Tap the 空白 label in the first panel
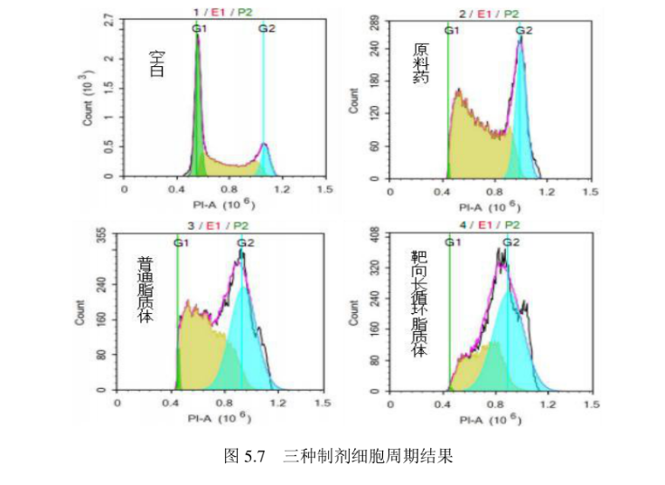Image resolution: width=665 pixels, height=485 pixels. coord(157,64)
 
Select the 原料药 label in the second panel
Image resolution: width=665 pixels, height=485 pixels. coord(420,64)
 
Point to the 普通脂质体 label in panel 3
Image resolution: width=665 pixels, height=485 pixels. coord(145,290)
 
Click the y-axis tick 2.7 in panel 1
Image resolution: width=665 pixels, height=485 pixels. coord(109,20)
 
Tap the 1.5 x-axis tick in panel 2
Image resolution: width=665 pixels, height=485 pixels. coord(589,192)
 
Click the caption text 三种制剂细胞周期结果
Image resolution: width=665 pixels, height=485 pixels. coord(367,456)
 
